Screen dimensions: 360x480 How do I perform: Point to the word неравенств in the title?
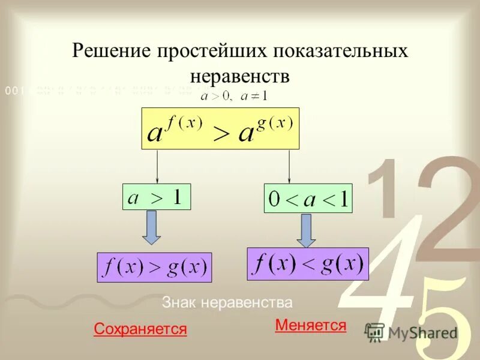pyautogui.click(x=240, y=76)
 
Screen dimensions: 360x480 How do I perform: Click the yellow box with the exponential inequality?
pyautogui.click(x=220, y=128)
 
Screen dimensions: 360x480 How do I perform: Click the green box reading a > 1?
pyautogui.click(x=157, y=197)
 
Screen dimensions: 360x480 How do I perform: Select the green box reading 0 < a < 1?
pyautogui.click(x=308, y=199)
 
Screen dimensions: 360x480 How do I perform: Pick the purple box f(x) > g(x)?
pyautogui.click(x=154, y=268)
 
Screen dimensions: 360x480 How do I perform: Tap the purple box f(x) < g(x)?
pyautogui.click(x=307, y=264)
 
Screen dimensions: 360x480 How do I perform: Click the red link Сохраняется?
pyautogui.click(x=140, y=329)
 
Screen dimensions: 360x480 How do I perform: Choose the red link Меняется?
pyautogui.click(x=310, y=325)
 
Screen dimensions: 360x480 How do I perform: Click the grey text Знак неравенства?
pyautogui.click(x=227, y=302)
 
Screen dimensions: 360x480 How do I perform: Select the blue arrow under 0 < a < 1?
pyautogui.click(x=307, y=230)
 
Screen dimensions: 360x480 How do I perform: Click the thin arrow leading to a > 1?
pyautogui.click(x=157, y=166)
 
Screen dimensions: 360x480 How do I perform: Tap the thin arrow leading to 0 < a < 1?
pyautogui.click(x=289, y=166)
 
